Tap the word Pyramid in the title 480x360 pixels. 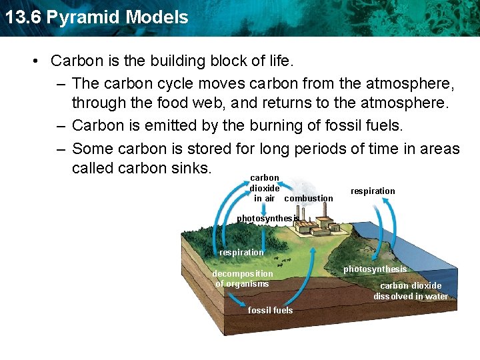pyautogui.click(x=79, y=17)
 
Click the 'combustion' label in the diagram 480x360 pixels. pyautogui.click(x=309, y=198)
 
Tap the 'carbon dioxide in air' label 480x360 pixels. pyautogui.click(x=265, y=188)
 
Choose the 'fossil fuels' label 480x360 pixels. pyautogui.click(x=270, y=310)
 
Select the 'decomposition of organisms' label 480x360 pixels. pyautogui.click(x=243, y=279)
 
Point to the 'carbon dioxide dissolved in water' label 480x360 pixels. pyautogui.click(x=411, y=291)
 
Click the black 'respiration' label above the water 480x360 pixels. pyautogui.click(x=373, y=191)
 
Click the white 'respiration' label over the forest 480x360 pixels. pyautogui.click(x=241, y=252)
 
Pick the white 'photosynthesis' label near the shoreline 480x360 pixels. pyautogui.click(x=375, y=269)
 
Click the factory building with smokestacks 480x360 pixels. pyautogui.click(x=317, y=223)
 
